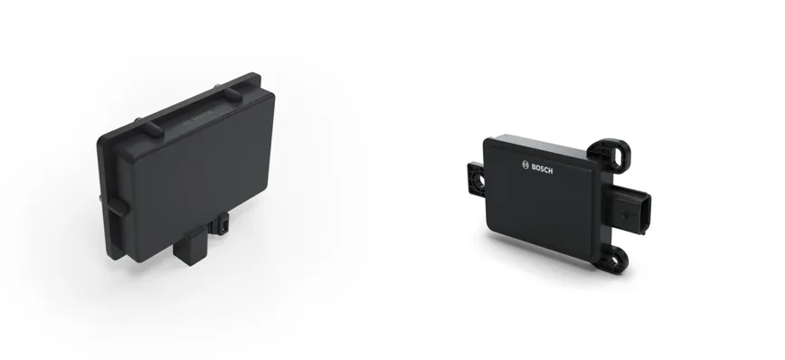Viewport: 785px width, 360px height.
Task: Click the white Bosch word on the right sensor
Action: (543, 169)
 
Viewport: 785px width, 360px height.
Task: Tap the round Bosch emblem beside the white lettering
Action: (525, 165)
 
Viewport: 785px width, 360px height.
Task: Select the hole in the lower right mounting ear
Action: (618, 259)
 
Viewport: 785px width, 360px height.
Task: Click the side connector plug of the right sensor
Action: (629, 209)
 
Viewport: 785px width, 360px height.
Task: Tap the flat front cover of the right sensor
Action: (541, 200)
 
